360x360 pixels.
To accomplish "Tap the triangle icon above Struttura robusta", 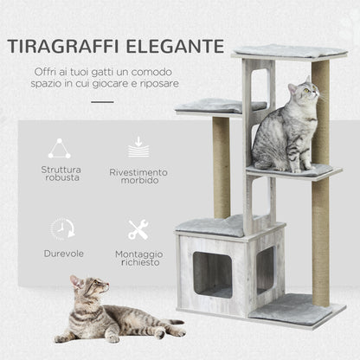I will coord(60,149).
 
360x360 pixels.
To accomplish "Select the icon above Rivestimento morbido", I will coord(138,148).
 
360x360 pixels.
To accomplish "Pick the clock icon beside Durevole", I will coord(61,229).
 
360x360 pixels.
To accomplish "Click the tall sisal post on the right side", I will coord(321,190).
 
